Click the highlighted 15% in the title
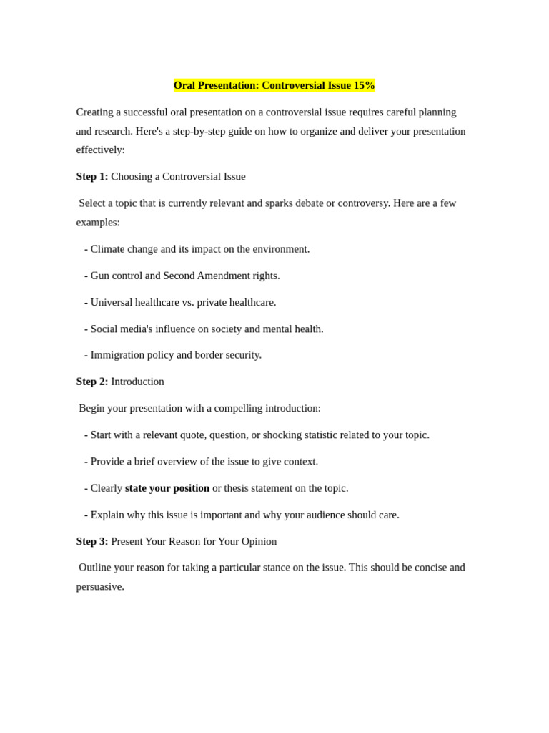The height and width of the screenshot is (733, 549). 364,85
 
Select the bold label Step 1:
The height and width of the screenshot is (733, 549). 92,176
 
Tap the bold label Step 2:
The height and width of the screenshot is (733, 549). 92,382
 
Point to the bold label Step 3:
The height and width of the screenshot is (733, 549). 92,541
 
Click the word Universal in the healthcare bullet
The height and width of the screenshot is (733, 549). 112,302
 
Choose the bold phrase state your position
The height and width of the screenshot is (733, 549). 167,488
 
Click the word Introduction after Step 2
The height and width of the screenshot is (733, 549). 137,382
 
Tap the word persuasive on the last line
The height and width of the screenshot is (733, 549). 99,586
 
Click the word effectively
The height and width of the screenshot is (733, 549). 100,150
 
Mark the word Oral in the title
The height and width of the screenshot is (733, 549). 184,85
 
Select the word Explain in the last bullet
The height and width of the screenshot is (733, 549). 108,515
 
